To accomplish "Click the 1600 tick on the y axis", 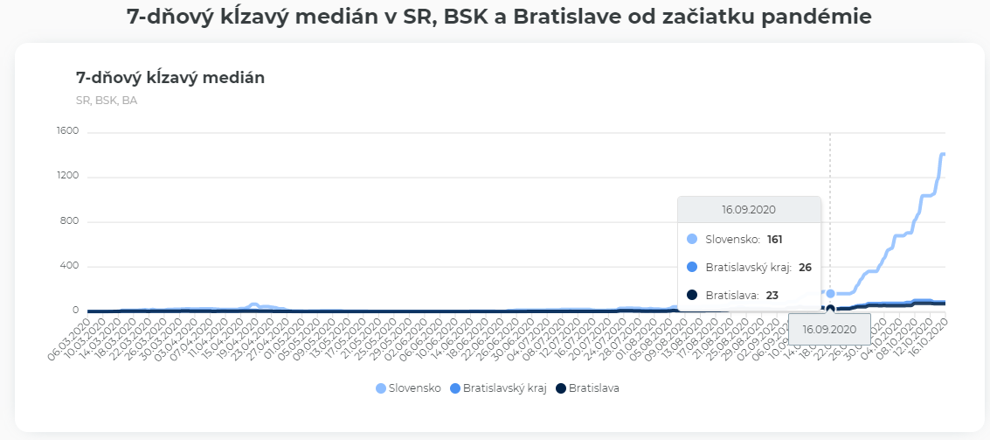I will (x=68, y=131).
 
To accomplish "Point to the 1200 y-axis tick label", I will (x=68, y=176).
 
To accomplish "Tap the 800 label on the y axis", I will (x=71, y=221).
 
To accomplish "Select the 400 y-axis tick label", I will (x=71, y=266).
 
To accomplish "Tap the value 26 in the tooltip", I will (x=805, y=267).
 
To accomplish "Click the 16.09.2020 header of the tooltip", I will (x=749, y=210).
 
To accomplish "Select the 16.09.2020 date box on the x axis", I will (x=829, y=329).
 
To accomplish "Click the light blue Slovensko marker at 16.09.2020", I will (x=830, y=293).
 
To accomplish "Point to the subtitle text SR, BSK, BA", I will (x=107, y=100).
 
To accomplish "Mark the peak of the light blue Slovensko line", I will (x=943, y=154).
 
